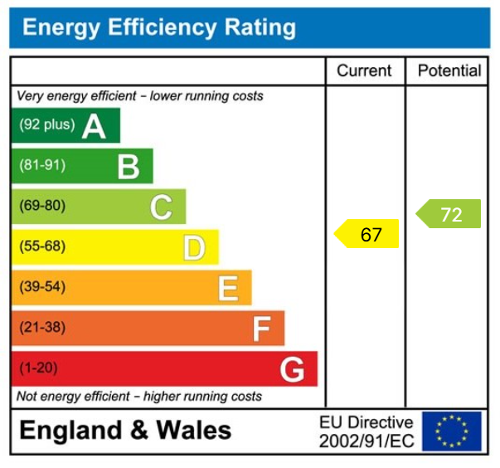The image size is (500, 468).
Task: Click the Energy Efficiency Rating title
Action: pyautogui.click(x=158, y=28)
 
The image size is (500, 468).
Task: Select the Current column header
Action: pyautogui.click(x=365, y=71)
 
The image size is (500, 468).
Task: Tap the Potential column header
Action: pyautogui.click(x=449, y=71)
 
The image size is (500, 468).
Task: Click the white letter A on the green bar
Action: pyautogui.click(x=94, y=126)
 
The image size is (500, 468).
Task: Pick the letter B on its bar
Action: pyautogui.click(x=128, y=167)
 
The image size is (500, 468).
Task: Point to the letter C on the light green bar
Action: pyautogui.click(x=161, y=207)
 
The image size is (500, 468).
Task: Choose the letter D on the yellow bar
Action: pyautogui.click(x=194, y=247)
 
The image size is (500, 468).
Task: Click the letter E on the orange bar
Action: pyautogui.click(x=228, y=288)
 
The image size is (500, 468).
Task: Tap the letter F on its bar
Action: pyautogui.click(x=261, y=329)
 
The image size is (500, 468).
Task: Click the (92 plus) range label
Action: pyautogui.click(x=46, y=125)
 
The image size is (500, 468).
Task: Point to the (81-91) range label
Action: pyautogui.click(x=41, y=166)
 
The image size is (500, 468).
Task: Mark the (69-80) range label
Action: pyautogui.click(x=41, y=206)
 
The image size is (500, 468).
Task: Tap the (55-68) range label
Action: pyautogui.click(x=41, y=246)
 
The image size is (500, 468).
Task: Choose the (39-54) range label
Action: pyautogui.click(x=41, y=287)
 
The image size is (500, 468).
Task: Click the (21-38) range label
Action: pyautogui.click(x=41, y=328)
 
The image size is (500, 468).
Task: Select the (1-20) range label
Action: pyautogui.click(x=38, y=368)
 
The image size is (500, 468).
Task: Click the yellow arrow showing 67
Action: pyautogui.click(x=367, y=235)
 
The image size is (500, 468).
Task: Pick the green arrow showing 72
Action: pyautogui.click(x=449, y=215)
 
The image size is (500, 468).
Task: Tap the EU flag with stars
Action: pyautogui.click(x=451, y=431)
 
